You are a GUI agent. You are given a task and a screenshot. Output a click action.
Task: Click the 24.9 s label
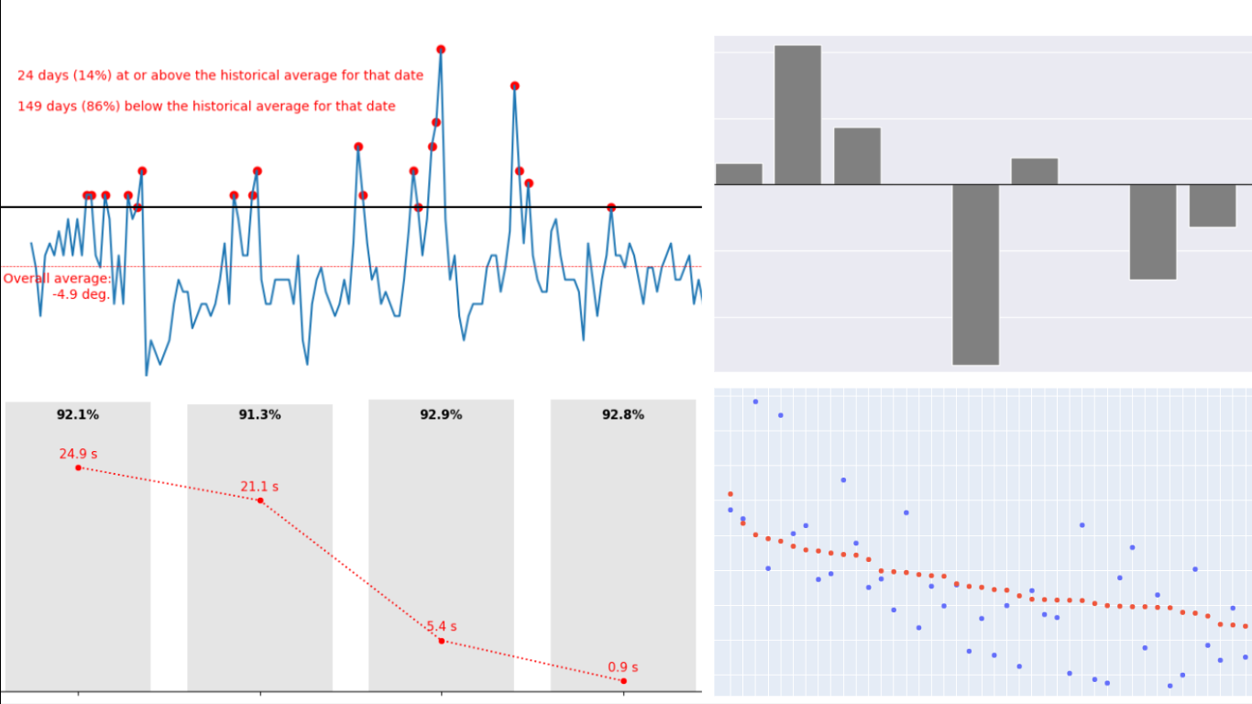pyautogui.click(x=78, y=454)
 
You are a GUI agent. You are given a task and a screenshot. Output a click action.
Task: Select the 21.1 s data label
pyautogui.click(x=259, y=487)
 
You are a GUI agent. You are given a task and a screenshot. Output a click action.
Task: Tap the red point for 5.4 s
pyautogui.click(x=441, y=641)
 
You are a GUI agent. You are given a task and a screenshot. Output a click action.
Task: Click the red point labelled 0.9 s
pyautogui.click(x=623, y=681)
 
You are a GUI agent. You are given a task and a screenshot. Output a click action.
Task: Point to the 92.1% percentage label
pyautogui.click(x=78, y=415)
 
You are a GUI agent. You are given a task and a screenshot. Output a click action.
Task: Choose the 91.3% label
pyautogui.click(x=259, y=415)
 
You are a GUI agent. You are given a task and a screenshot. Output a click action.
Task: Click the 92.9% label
pyautogui.click(x=441, y=415)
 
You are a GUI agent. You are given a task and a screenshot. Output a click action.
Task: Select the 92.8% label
pyautogui.click(x=623, y=415)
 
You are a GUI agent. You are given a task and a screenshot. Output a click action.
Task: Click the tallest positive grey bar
pyautogui.click(x=797, y=115)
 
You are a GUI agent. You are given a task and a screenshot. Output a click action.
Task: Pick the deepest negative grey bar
pyautogui.click(x=975, y=274)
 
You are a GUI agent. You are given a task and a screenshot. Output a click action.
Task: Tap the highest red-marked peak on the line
pyautogui.click(x=441, y=49)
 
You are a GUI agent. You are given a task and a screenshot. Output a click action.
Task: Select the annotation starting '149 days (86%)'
pyautogui.click(x=206, y=106)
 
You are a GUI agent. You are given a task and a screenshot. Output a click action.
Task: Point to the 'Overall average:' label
pyautogui.click(x=57, y=279)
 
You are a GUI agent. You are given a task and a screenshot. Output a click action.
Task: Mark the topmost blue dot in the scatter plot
pyautogui.click(x=755, y=401)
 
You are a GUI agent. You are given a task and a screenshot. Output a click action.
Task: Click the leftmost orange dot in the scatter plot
pyautogui.click(x=730, y=494)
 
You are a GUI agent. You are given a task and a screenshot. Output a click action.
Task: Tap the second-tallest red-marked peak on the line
pyautogui.click(x=515, y=86)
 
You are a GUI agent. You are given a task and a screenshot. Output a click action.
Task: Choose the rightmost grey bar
pyautogui.click(x=1212, y=205)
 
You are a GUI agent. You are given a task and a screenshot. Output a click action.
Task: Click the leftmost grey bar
pyautogui.click(x=739, y=174)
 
